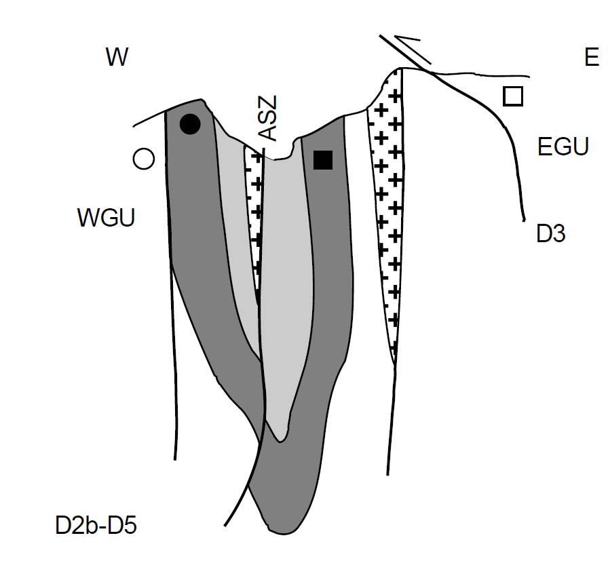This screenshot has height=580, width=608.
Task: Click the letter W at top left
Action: click(x=117, y=58)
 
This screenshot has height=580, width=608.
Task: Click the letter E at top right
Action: click(x=591, y=58)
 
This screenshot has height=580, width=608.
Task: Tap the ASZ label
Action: click(x=269, y=119)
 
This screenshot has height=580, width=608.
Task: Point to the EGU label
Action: click(x=563, y=147)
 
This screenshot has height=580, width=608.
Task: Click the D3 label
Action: click(x=550, y=235)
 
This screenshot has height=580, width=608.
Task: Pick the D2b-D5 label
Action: click(x=96, y=526)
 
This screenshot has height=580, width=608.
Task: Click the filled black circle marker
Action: click(x=190, y=123)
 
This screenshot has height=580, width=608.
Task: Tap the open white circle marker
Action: click(x=143, y=159)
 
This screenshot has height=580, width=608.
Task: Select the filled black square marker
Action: click(x=323, y=160)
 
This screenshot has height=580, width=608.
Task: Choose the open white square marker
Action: click(x=513, y=97)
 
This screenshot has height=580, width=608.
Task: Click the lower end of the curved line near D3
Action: click(x=525, y=219)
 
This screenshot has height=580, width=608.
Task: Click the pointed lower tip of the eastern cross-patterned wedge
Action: click(x=395, y=362)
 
